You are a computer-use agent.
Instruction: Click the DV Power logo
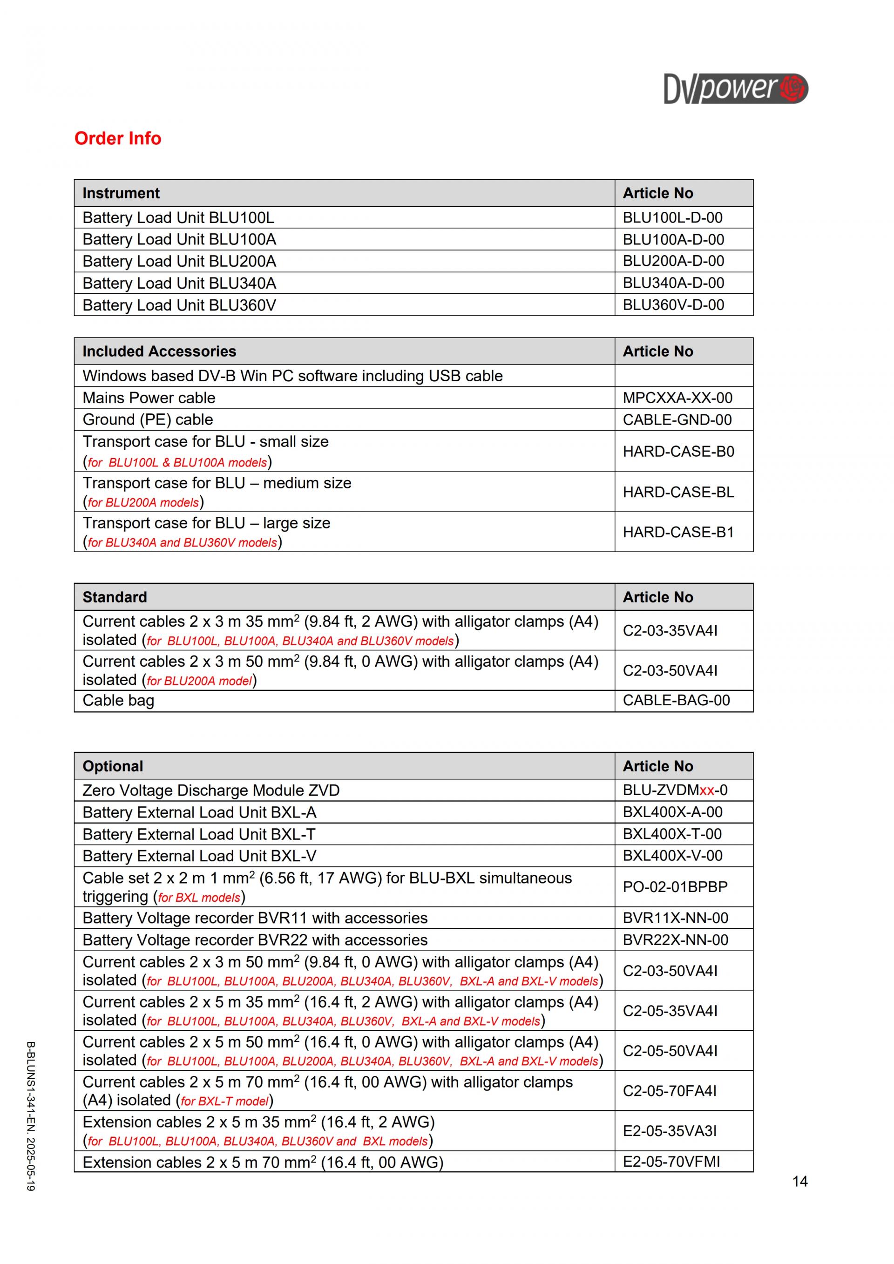point(736,88)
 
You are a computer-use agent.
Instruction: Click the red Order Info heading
point(118,138)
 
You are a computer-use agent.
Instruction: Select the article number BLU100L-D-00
point(672,217)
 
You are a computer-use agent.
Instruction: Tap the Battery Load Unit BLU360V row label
point(179,305)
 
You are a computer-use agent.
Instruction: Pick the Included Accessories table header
point(159,351)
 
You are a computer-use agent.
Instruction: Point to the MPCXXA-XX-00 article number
point(677,398)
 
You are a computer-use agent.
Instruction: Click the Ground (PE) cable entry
point(148,419)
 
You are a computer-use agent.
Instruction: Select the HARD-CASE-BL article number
point(678,492)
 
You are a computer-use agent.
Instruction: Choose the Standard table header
point(115,597)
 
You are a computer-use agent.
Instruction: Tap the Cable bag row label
point(118,700)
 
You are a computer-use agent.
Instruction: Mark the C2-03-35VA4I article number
point(670,630)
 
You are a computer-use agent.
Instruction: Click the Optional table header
point(112,766)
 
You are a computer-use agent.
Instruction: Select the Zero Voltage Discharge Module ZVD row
point(211,791)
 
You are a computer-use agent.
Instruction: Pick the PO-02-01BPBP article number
point(675,887)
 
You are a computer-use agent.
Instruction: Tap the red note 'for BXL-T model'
point(224,1101)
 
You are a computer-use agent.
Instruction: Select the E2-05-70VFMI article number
point(671,1162)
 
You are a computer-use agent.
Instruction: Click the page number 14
point(800,1182)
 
